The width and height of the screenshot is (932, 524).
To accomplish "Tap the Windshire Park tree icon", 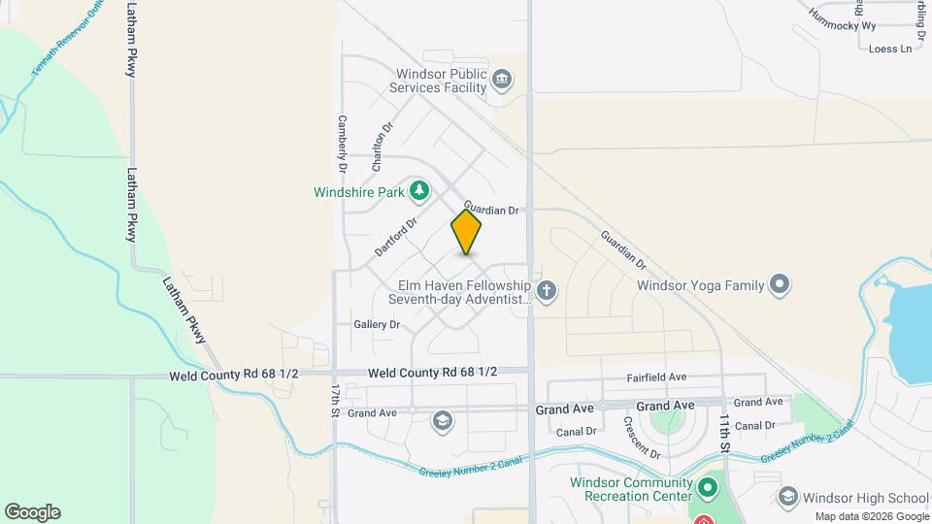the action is tap(419, 191).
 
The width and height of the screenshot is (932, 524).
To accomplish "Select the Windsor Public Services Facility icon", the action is tap(502, 79).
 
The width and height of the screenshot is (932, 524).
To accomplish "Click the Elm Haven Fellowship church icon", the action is tap(547, 290).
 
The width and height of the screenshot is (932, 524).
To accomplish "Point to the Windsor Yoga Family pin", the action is tap(779, 285).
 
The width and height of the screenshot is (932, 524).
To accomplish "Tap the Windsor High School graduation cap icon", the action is tap(788, 497).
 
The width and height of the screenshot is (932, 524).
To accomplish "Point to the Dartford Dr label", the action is tap(395, 236).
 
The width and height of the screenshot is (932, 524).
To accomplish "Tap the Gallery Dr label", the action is tap(377, 324).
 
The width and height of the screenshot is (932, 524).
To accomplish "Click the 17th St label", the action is tap(334, 400).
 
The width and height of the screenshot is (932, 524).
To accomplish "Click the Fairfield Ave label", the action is tap(657, 377).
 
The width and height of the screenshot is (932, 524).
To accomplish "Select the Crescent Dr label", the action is tap(642, 438).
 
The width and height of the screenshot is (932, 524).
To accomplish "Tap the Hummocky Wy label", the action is tap(843, 25).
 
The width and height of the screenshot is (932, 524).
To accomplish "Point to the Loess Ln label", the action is tap(891, 49).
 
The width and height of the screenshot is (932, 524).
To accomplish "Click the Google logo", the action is tap(32, 512).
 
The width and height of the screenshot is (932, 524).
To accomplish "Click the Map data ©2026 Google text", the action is tap(871, 516).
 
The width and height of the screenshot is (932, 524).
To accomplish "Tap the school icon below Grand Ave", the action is tap(443, 420).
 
